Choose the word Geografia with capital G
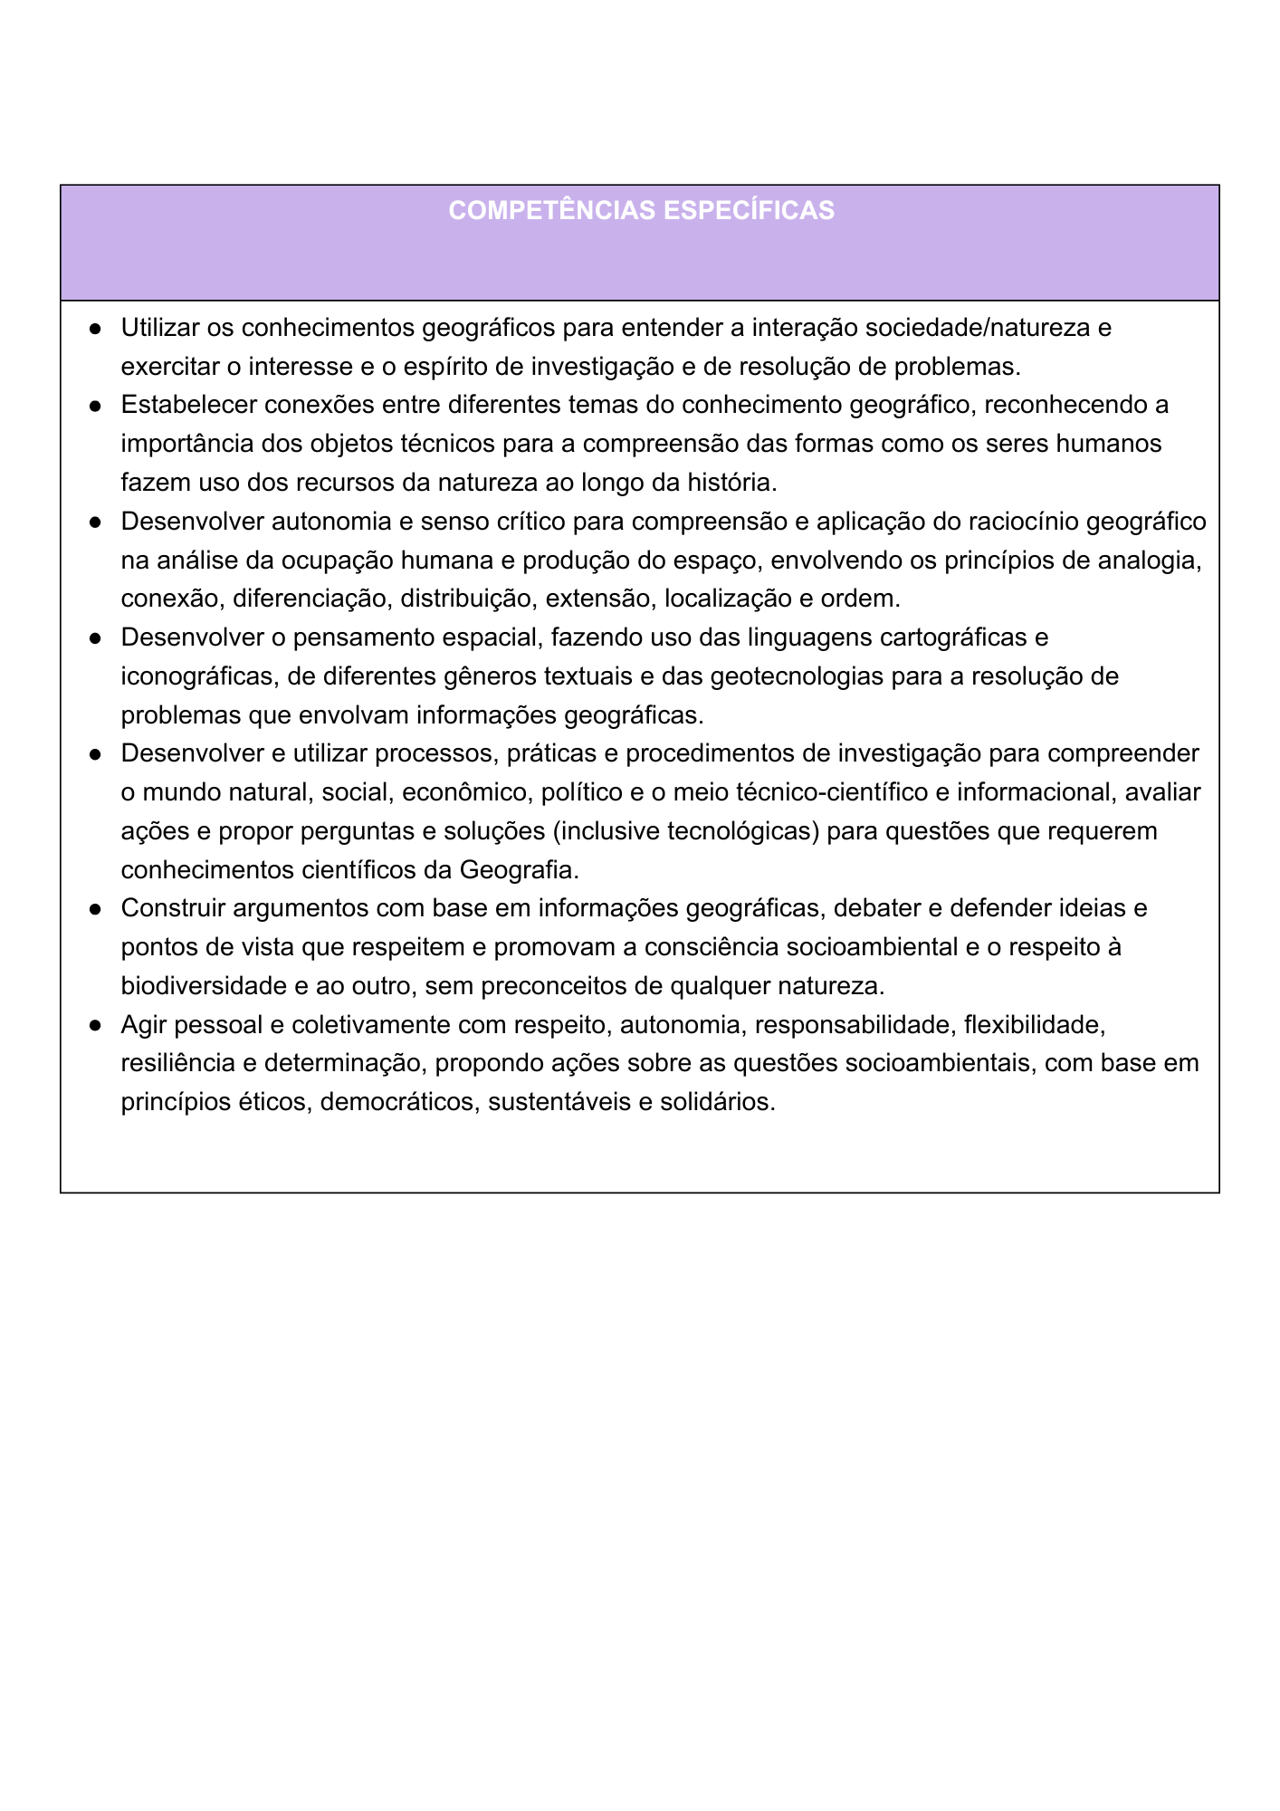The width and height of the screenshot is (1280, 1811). point(519,870)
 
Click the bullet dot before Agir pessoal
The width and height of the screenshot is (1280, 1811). point(94,1026)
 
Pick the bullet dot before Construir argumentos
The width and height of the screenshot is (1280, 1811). point(94,909)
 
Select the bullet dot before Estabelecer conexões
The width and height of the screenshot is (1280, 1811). point(94,406)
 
